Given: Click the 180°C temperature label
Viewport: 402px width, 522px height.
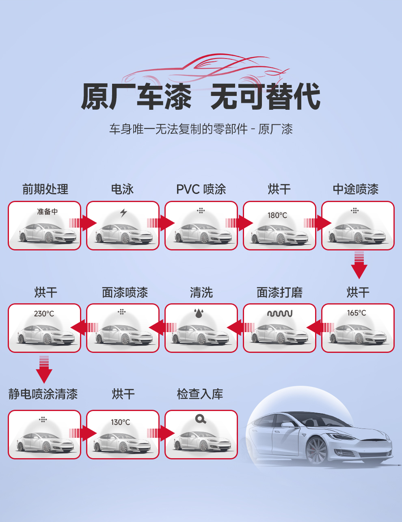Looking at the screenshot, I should pyautogui.click(x=277, y=215).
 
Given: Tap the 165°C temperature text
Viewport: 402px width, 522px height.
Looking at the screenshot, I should pyautogui.click(x=357, y=313).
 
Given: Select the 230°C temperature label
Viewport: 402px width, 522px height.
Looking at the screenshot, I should pyautogui.click(x=44, y=313).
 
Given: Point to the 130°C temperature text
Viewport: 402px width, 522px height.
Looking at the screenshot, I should pyautogui.click(x=121, y=422).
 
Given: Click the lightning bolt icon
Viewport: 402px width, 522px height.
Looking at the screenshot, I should pyautogui.click(x=123, y=212).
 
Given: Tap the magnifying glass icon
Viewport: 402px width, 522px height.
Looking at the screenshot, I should pyautogui.click(x=201, y=419).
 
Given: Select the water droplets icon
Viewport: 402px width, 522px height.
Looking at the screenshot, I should pyautogui.click(x=199, y=313).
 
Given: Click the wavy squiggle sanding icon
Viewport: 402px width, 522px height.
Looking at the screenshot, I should pyautogui.click(x=280, y=313).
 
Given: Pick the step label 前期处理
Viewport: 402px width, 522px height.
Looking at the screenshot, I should pyautogui.click(x=45, y=189).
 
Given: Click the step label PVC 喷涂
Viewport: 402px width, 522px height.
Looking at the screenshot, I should pyautogui.click(x=201, y=189).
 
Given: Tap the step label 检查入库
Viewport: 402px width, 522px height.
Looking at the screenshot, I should pyautogui.click(x=200, y=394).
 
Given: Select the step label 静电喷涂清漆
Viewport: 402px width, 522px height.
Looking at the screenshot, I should pyautogui.click(x=43, y=394).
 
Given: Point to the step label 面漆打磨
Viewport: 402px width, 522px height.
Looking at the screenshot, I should pyautogui.click(x=280, y=292).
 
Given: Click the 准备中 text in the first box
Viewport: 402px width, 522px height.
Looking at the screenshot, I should pyautogui.click(x=48, y=211).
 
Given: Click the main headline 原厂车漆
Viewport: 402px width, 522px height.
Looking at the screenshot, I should pyautogui.click(x=136, y=97).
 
